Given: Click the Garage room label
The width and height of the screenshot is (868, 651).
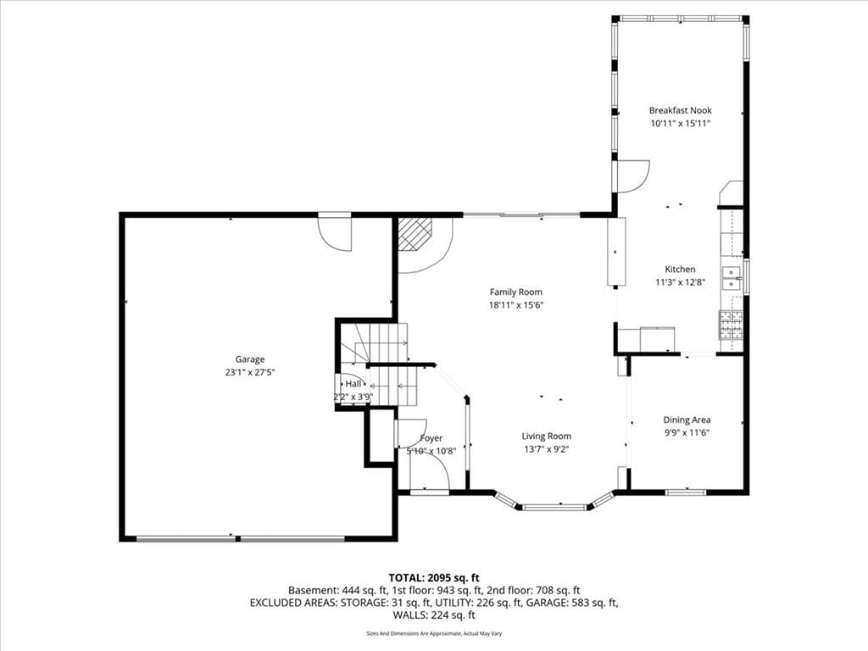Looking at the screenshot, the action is click(x=250, y=359).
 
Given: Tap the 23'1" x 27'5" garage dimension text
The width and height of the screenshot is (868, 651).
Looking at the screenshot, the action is click(x=250, y=373).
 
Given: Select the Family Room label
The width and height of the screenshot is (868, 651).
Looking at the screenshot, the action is click(x=516, y=292).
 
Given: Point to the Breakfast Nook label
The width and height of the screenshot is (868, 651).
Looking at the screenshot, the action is click(x=681, y=110).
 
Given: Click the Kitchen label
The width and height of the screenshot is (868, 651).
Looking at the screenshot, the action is click(x=680, y=269).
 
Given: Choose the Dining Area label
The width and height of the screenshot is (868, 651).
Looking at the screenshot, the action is click(x=687, y=420).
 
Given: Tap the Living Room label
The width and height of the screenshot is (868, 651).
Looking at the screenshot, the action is click(x=547, y=437).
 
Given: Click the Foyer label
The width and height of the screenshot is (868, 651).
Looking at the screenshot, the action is click(x=431, y=438).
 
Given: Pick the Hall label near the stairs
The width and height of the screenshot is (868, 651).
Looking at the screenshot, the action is click(x=353, y=384).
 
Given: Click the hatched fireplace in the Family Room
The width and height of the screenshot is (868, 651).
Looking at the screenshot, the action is click(x=415, y=234).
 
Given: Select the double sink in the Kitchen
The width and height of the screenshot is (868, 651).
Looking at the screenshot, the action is click(x=732, y=278).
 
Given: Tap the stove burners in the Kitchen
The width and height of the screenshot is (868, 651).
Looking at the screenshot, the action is click(x=731, y=325).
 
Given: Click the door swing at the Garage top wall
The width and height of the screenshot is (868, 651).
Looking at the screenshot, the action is click(x=334, y=233).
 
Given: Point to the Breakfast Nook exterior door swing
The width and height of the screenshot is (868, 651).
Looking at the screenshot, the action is click(x=632, y=176).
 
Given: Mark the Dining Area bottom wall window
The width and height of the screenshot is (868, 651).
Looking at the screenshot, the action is click(x=686, y=492).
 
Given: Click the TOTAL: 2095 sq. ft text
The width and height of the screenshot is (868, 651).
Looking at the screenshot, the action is click(x=434, y=578).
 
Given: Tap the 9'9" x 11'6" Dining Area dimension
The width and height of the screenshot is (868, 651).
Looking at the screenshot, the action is click(x=687, y=433).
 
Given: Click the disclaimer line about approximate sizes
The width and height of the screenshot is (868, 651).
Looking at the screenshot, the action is click(x=434, y=633).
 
